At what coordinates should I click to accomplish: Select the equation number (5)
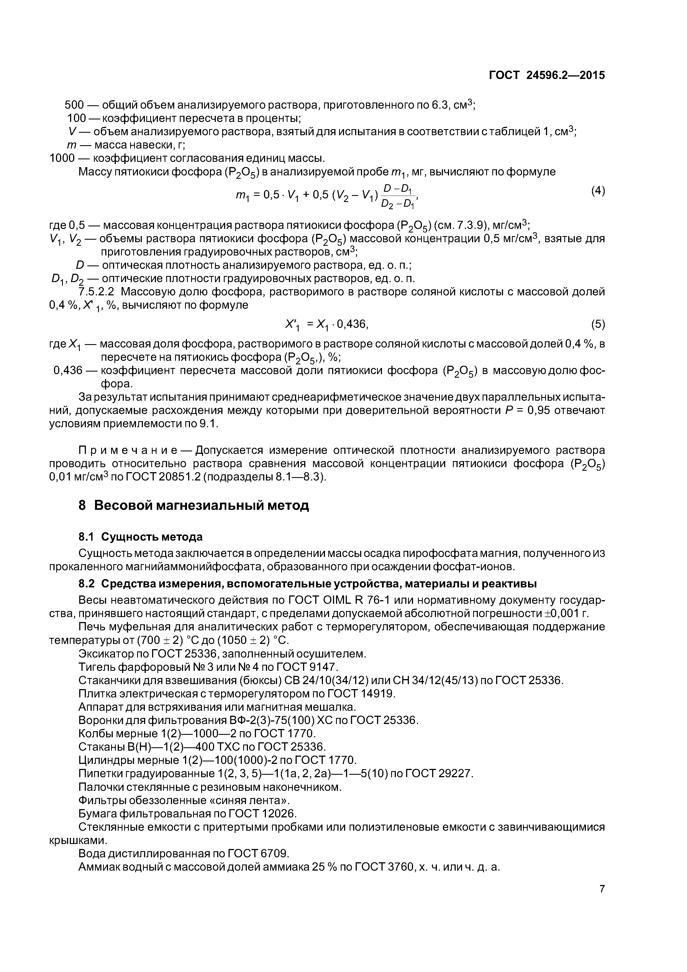coord(598,325)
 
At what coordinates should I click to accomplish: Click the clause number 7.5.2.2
coord(97,292)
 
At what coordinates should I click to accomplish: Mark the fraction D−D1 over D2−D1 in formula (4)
coord(398,196)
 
